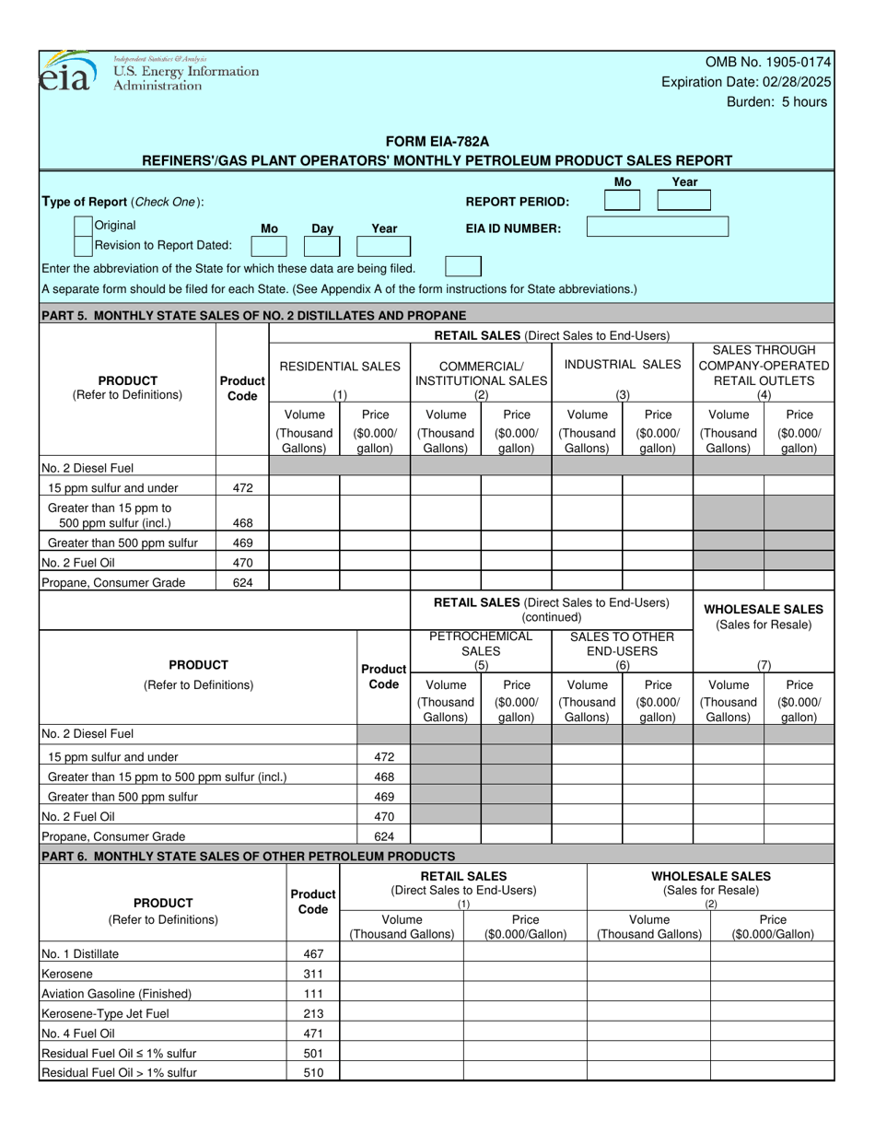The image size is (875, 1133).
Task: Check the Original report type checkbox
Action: click(83, 226)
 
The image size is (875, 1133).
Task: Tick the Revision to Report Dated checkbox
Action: click(83, 245)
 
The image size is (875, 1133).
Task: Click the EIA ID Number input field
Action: click(657, 227)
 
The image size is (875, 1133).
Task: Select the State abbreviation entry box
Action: click(462, 267)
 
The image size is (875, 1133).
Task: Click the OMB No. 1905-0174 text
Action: click(767, 62)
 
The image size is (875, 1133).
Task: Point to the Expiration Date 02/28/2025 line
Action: click(746, 82)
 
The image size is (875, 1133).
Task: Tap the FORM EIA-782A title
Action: click(437, 141)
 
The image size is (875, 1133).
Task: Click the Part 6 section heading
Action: click(249, 856)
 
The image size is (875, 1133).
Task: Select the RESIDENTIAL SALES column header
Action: click(339, 366)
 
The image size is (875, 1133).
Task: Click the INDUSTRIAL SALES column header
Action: click(623, 365)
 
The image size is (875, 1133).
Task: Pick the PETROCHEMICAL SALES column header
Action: click(481, 643)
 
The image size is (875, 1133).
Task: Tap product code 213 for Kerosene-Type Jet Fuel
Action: click(313, 1013)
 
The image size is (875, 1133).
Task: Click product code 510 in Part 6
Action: click(313, 1072)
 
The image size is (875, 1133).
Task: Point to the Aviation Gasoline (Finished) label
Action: click(117, 993)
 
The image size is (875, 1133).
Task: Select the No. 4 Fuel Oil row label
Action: click(78, 1033)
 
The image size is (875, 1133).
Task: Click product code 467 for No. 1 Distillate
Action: click(313, 953)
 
